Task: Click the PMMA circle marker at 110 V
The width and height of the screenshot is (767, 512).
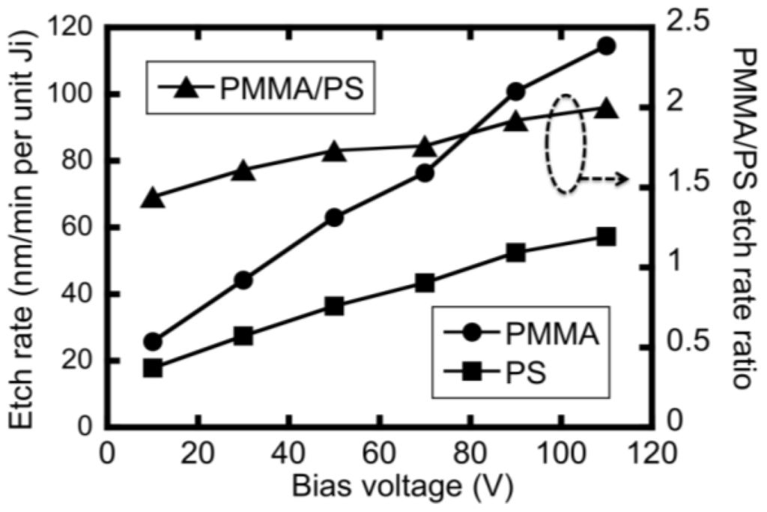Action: pos(606,46)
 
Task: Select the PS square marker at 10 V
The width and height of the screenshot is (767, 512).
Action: pos(153,368)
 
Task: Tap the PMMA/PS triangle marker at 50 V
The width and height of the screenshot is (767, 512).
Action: pos(334,152)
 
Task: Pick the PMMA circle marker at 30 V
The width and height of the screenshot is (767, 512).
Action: pos(243,280)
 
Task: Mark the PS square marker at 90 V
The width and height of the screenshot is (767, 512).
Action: pos(515,253)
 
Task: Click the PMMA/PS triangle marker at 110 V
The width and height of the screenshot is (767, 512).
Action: pos(606,109)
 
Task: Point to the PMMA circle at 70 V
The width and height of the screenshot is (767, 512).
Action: pos(425,173)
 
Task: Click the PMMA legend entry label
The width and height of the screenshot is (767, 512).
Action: pos(556,334)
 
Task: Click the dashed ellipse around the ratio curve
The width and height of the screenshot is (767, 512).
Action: pos(566,144)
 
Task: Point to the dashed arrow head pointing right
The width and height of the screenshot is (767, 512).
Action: pos(622,179)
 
